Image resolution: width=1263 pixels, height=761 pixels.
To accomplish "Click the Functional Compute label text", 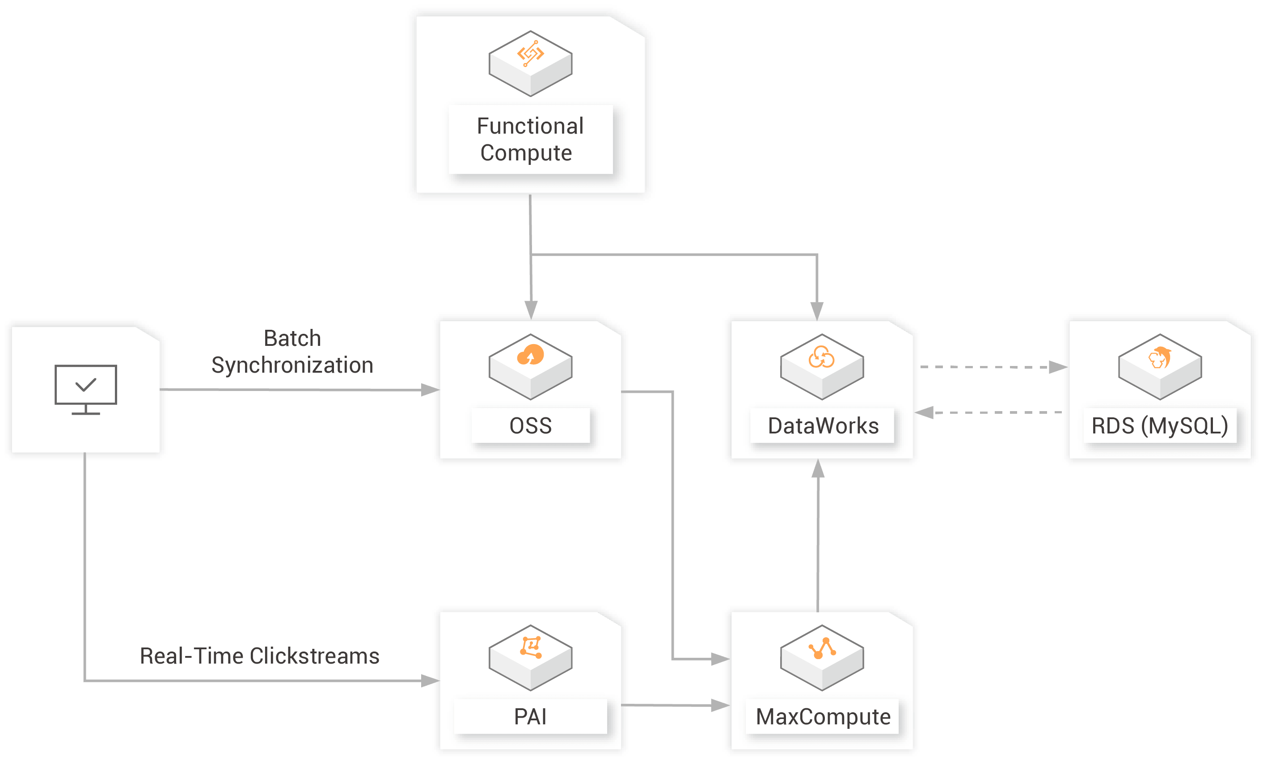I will click(x=530, y=139).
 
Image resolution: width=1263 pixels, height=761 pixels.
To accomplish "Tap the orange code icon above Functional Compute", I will click(x=530, y=53).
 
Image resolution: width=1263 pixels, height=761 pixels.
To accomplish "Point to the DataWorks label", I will click(x=823, y=426).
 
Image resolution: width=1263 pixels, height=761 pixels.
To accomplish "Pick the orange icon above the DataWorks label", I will click(x=821, y=357).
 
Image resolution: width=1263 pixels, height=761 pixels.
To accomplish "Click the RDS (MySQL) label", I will click(x=1159, y=426).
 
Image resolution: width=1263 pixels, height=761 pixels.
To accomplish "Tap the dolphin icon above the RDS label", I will click(x=1159, y=357).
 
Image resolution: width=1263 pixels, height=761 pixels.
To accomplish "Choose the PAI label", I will click(x=530, y=716).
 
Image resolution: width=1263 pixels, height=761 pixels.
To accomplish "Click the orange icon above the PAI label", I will click(x=531, y=647).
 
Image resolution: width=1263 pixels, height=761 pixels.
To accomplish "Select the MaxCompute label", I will click(x=823, y=716).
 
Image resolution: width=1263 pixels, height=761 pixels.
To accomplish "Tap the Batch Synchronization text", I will click(x=292, y=352).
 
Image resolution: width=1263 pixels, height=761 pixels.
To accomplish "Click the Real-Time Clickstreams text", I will click(x=259, y=656).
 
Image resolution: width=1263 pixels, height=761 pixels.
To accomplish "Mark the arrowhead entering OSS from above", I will click(x=531, y=310).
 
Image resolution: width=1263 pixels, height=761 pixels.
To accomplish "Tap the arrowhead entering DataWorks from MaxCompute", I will click(x=818, y=469).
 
